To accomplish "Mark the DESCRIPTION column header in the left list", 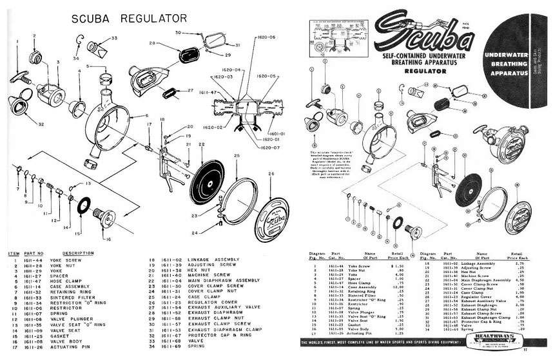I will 79,253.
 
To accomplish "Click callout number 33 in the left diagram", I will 114,39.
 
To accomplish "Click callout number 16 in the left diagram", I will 107,239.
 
